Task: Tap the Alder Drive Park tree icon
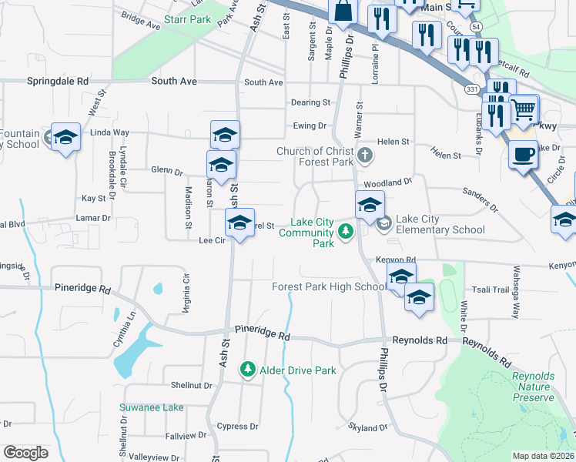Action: point(248,370)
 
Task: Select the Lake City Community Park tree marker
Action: point(347,230)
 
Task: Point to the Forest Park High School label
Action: point(329,287)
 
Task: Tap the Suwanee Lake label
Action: point(151,407)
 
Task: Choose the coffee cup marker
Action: point(523,154)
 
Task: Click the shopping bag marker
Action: point(343,11)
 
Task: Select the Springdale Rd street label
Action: point(58,81)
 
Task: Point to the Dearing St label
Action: point(310,102)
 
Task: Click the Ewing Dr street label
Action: point(310,126)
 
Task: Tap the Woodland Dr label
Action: point(388,183)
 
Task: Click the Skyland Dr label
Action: point(367,427)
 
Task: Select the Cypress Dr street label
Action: point(237,427)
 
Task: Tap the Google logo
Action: point(25,453)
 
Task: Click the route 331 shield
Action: point(471,89)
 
